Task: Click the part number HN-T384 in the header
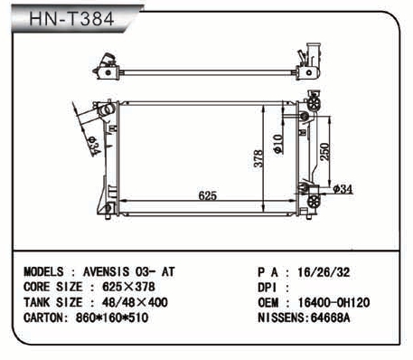(x=71, y=19)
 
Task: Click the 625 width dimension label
(x=208, y=195)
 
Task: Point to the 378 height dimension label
(x=258, y=158)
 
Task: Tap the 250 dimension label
(x=324, y=152)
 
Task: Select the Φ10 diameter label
(x=278, y=144)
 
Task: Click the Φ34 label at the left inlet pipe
(x=94, y=147)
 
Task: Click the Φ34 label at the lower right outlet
(x=343, y=189)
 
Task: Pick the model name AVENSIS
(x=106, y=272)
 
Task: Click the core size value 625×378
(x=128, y=287)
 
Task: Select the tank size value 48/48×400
(x=135, y=302)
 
